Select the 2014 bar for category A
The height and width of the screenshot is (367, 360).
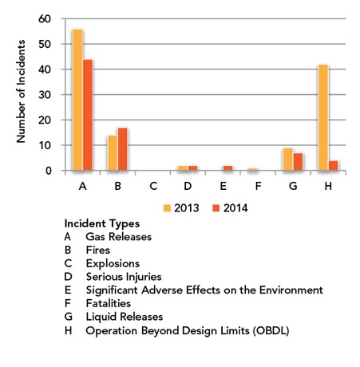88,115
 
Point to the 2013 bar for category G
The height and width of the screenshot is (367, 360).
288,159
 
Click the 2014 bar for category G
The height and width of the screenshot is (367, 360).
298,161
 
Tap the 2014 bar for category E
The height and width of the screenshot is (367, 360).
227,168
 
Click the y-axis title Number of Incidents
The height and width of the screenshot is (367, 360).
21,94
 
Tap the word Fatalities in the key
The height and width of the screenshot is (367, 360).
110,303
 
